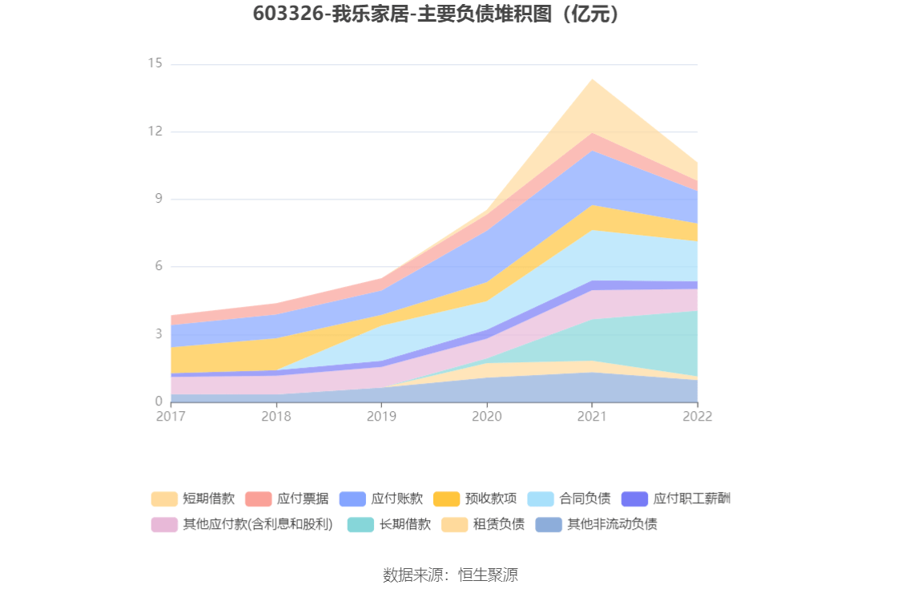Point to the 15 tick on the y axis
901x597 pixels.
[155, 63]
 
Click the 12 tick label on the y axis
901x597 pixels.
[155, 131]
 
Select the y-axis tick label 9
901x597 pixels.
[158, 199]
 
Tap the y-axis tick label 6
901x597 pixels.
[158, 266]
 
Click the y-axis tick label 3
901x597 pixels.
[158, 333]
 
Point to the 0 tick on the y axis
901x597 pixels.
[158, 401]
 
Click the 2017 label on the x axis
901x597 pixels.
[171, 417]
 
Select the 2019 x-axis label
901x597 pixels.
[381, 417]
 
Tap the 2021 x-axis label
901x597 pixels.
[592, 417]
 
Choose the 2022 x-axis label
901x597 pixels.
[697, 417]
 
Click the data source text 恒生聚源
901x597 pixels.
[488, 575]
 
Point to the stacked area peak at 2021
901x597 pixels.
[592, 79]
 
